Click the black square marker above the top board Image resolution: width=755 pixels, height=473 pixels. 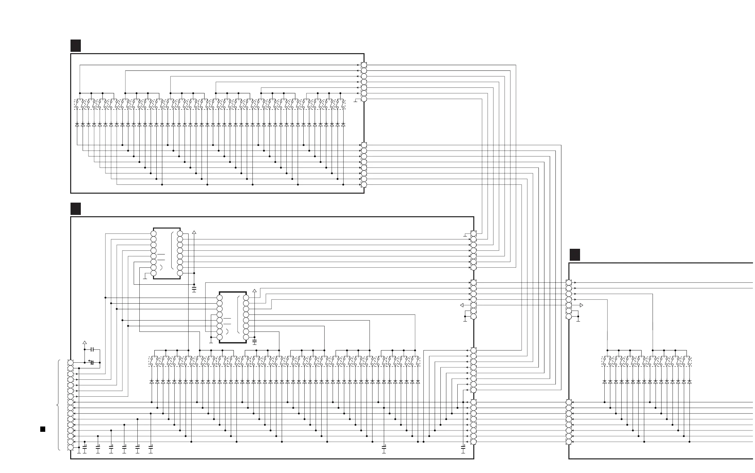[x=75, y=46]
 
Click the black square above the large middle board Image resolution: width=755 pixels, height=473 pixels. [x=75, y=209]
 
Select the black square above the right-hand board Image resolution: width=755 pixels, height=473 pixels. [x=575, y=255]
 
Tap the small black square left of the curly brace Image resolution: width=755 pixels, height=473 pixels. [x=43, y=429]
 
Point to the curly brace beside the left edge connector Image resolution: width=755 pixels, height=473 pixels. [x=59, y=405]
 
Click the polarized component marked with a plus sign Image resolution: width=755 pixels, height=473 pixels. [x=92, y=362]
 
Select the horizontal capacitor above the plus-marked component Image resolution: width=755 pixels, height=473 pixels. [x=93, y=349]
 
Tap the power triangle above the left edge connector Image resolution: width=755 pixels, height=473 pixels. [x=84, y=342]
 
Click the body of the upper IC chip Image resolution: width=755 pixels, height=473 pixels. [x=167, y=253]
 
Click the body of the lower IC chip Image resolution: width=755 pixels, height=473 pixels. [x=233, y=317]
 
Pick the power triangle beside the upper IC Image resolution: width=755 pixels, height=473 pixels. [x=194, y=232]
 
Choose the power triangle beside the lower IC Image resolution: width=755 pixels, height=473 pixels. [x=255, y=291]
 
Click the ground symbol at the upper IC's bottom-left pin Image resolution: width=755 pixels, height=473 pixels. [x=145, y=277]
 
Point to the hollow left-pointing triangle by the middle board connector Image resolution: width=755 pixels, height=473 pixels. [x=462, y=305]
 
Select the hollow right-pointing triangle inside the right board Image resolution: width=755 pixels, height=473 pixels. [x=581, y=305]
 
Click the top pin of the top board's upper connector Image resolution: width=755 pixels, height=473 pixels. [x=364, y=65]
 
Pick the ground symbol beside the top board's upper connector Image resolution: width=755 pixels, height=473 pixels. [x=356, y=101]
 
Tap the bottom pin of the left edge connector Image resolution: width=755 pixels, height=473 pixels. [x=71, y=447]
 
